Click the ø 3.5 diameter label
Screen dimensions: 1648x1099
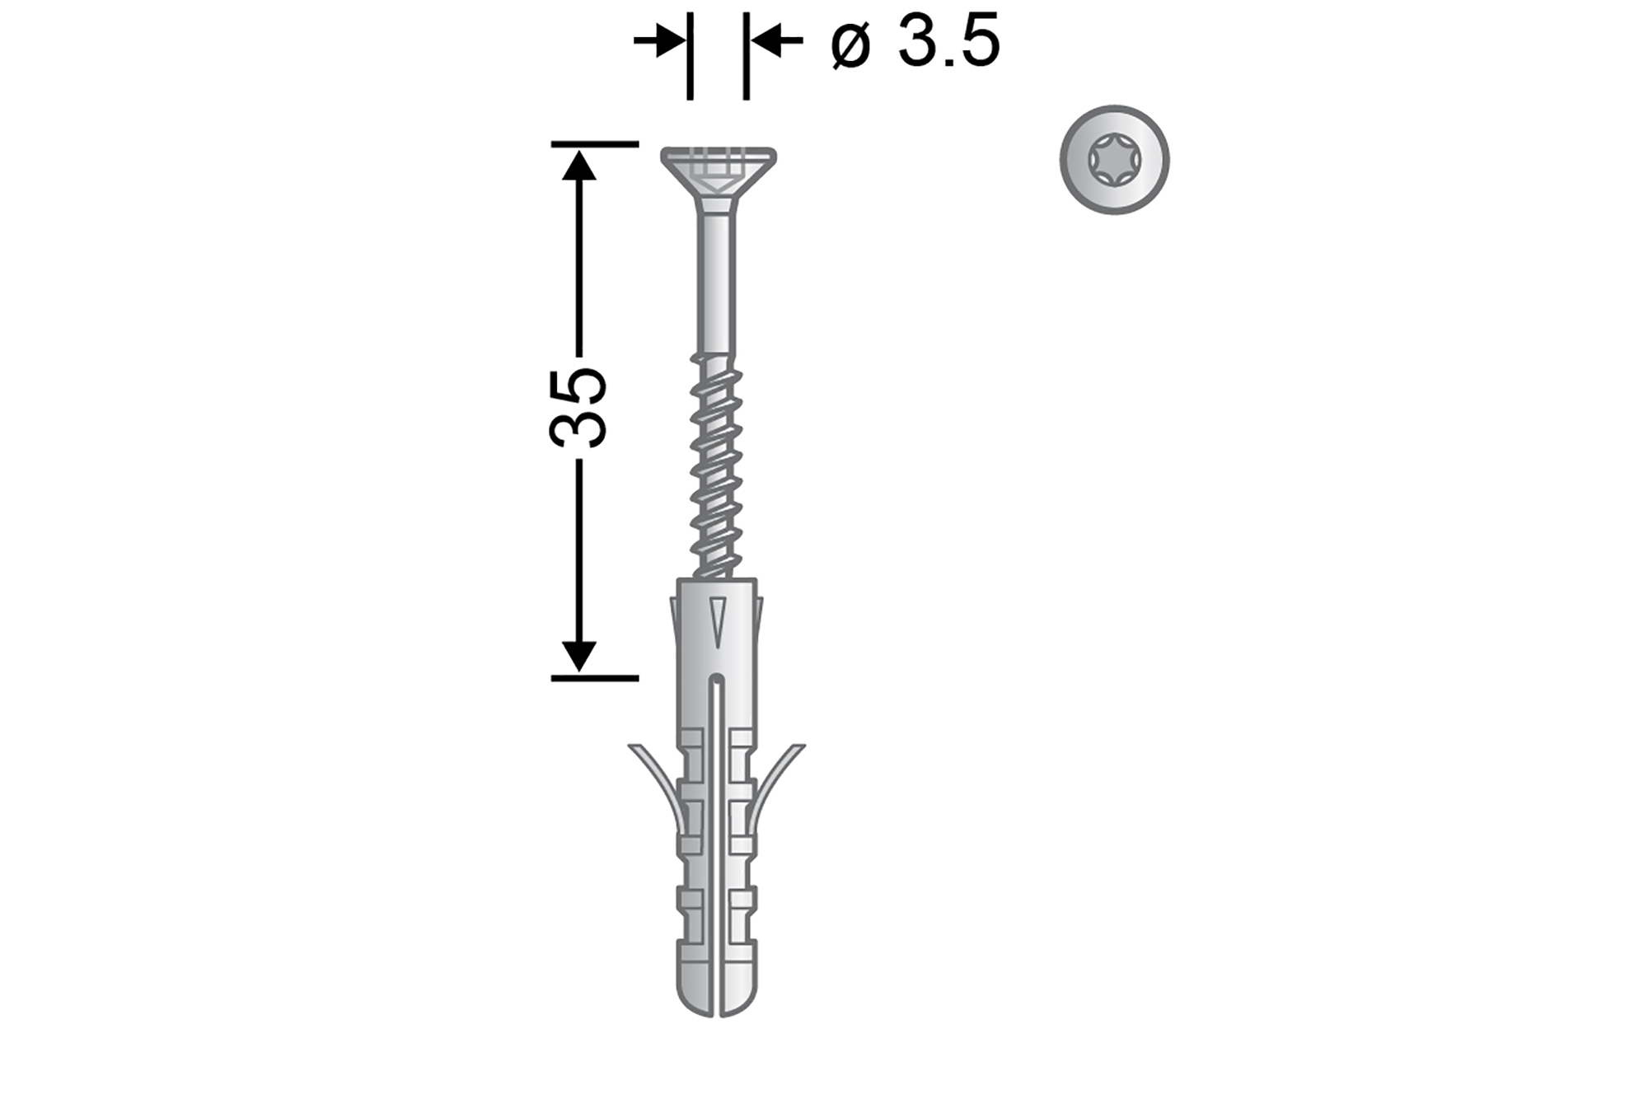[915, 41]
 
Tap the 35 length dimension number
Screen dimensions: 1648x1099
[578, 408]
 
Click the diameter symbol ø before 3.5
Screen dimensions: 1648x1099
[851, 44]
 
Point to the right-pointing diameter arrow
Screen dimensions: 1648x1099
[658, 40]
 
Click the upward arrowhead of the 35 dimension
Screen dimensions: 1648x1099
[578, 164]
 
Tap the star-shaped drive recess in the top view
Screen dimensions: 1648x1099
[1114, 160]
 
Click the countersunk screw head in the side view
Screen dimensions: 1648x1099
[718, 172]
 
